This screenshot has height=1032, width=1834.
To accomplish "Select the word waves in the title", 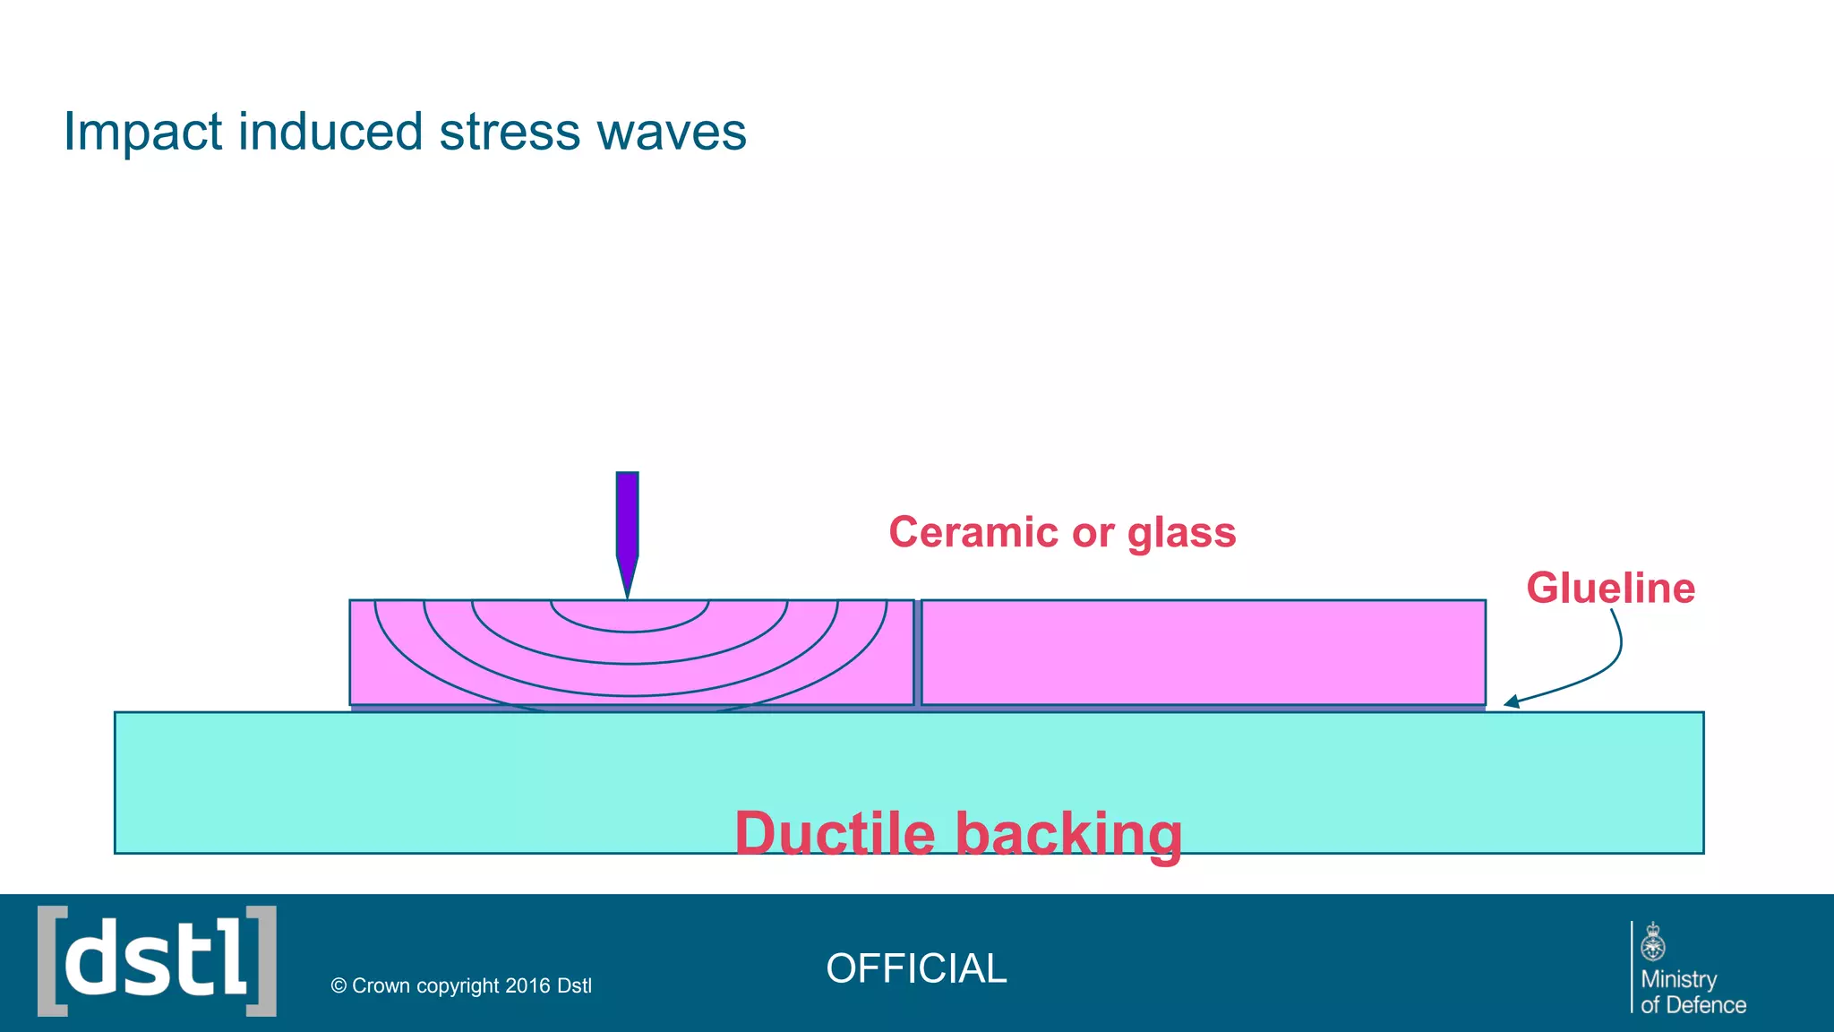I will click(671, 133).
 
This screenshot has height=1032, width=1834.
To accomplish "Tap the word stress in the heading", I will click(510, 133).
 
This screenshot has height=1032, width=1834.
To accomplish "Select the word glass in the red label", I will click(1181, 534).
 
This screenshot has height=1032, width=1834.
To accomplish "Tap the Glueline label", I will click(1610, 589).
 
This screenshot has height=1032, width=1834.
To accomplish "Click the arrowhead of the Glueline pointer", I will click(1511, 702).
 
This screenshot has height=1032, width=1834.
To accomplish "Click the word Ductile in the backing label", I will click(835, 833).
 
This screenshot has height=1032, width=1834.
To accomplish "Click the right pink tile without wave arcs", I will click(1203, 652).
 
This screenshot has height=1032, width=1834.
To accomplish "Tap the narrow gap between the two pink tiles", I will click(918, 652).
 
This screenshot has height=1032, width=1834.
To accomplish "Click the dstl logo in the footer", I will click(157, 961).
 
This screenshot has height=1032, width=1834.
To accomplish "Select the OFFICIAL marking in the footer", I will click(916, 968).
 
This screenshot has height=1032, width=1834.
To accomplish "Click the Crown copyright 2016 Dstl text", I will click(461, 985).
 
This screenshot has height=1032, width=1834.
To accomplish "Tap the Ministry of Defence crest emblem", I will click(1653, 942).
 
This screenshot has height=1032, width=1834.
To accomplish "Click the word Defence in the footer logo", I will click(1705, 1005).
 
